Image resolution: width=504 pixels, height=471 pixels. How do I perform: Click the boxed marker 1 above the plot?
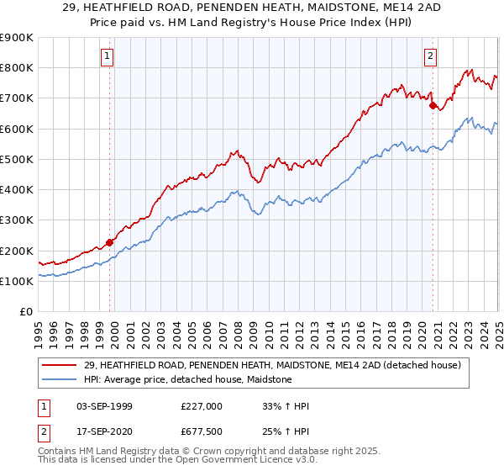pos(108,56)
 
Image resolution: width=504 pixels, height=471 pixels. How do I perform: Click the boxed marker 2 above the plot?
pos(430,56)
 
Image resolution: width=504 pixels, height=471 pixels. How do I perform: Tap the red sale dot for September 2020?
pos(433,106)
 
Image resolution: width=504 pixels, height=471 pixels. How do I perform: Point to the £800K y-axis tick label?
pos(17,68)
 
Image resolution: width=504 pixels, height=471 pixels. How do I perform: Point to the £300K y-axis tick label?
pos(17,220)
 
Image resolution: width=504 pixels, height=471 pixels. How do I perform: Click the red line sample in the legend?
pos(59,366)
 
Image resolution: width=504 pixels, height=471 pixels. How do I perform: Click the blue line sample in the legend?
pos(59,380)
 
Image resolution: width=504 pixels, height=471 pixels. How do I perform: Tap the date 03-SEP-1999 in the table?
pos(104,406)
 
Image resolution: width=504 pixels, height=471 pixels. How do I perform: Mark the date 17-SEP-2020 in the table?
pos(104,431)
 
